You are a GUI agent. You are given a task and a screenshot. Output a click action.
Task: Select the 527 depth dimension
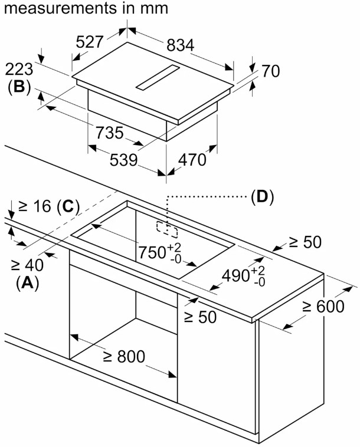(x=90, y=41)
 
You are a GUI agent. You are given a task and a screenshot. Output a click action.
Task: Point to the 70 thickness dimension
(x=270, y=71)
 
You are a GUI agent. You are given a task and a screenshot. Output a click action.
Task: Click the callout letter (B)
(x=19, y=87)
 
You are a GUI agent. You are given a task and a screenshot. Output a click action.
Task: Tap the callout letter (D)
(x=263, y=197)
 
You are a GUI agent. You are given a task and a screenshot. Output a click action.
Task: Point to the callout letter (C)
(x=68, y=206)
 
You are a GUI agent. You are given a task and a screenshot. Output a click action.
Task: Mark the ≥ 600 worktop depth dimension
(x=323, y=306)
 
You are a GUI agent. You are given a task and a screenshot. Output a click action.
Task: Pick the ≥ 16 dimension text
(x=35, y=206)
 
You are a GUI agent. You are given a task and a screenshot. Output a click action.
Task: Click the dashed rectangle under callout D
(x=163, y=228)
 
